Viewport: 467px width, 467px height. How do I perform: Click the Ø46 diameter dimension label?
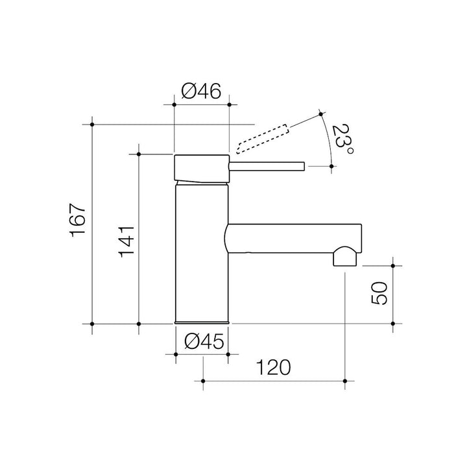pyautogui.click(x=201, y=91)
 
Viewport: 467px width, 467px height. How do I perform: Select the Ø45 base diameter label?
pyautogui.click(x=204, y=341)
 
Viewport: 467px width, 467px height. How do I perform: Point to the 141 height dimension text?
pyautogui.click(x=126, y=242)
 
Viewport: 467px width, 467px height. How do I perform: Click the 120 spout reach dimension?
pyautogui.click(x=273, y=368)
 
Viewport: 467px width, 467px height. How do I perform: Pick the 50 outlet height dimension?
pyautogui.click(x=379, y=293)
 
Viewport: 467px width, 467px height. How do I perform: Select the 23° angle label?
pyautogui.click(x=343, y=139)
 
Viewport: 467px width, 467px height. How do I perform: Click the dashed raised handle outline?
pyautogui.click(x=263, y=139)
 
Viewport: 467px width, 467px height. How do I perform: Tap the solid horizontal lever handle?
pyautogui.click(x=267, y=167)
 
